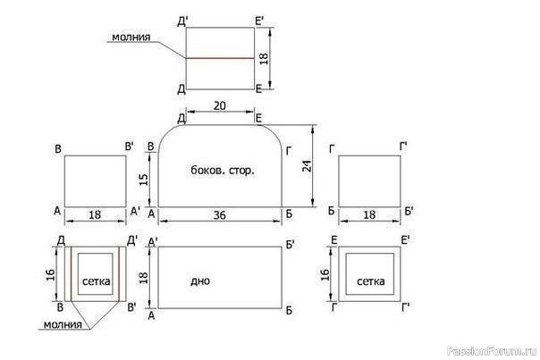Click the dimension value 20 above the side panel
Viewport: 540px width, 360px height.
(220, 105)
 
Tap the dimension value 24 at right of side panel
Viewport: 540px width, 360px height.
(307, 166)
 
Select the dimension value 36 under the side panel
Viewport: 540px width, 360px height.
(219, 215)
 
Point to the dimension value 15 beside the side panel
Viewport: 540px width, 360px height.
(143, 180)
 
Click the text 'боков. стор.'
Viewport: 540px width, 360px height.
(223, 170)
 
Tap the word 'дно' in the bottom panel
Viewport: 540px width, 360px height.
(200, 280)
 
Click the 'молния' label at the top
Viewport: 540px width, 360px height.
(131, 37)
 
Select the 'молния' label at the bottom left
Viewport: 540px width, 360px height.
(63, 324)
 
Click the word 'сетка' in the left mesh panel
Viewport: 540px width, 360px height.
(97, 281)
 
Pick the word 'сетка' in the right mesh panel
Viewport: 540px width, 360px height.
(370, 281)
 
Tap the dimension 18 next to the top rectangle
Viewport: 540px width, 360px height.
(264, 58)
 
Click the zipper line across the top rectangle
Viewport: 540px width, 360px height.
(221, 58)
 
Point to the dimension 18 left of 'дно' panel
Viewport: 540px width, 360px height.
(143, 278)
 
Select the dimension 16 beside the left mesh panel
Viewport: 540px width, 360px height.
(50, 274)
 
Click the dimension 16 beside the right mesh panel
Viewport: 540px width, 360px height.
(325, 274)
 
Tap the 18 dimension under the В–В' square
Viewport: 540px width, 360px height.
(95, 214)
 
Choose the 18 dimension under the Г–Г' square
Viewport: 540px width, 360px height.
(369, 214)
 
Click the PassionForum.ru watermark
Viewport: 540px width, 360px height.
(492, 351)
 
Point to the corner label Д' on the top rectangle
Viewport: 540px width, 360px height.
(182, 21)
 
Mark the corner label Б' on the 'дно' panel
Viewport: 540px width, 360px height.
(290, 245)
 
